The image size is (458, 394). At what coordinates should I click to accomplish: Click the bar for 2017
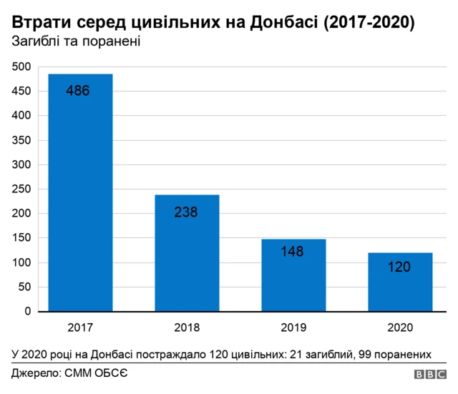80,193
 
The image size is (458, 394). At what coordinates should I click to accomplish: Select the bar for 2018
187,253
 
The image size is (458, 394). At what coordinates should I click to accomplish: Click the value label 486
77,91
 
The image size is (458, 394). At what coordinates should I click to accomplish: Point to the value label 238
185,212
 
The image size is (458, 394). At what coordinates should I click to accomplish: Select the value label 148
293,252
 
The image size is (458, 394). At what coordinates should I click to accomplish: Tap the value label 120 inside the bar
399,267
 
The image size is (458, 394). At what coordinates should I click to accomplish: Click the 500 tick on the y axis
21,67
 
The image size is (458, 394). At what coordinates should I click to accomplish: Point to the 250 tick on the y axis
21,189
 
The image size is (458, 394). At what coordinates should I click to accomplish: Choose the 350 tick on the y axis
21,141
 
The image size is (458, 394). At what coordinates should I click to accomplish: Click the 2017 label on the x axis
80,327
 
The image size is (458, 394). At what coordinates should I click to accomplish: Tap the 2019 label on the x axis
293,327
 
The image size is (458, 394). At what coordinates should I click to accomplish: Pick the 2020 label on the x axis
400,327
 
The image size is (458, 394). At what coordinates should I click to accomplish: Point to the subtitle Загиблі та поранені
75,42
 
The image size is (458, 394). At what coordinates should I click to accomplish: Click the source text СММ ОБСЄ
97,373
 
